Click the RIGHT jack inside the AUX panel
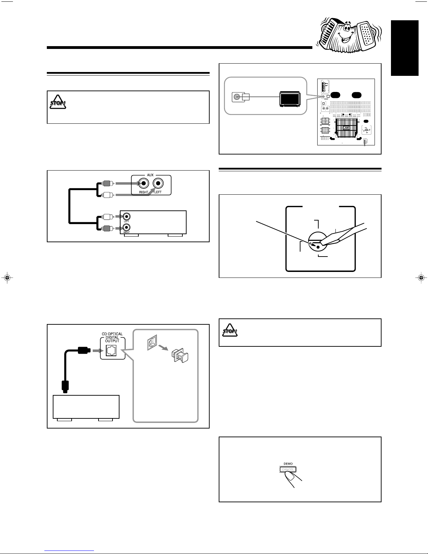tap(143, 183)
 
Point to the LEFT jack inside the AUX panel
tap(159, 183)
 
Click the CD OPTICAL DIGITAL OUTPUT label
tap(112, 337)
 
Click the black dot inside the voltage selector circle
tap(318, 247)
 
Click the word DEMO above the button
tap(288, 463)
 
